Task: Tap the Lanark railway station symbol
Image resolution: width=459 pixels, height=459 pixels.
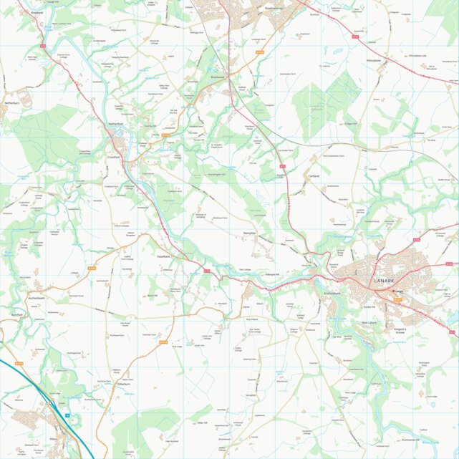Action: coord(395,291)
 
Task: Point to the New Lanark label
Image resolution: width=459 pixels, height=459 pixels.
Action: coord(369,322)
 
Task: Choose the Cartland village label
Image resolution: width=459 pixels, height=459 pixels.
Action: coord(313,174)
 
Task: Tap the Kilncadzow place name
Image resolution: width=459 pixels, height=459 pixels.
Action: coord(373,61)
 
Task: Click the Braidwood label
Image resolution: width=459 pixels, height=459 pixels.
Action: coord(218,77)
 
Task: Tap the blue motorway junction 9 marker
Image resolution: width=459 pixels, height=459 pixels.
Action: coord(67,415)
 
